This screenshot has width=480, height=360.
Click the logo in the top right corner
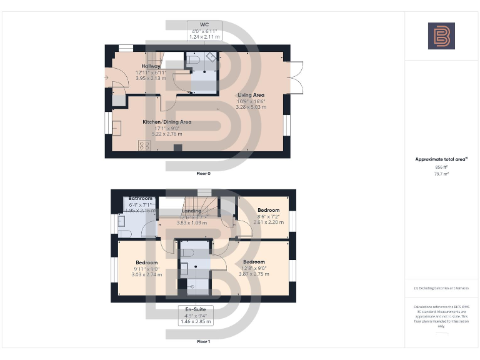[x=441, y=36]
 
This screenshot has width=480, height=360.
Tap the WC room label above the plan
[x=204, y=24]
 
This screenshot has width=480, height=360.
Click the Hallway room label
[x=151, y=66]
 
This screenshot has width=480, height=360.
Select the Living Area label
[x=251, y=95]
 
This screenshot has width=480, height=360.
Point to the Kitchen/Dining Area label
[x=167, y=122]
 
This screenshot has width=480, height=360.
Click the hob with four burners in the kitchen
[x=144, y=145]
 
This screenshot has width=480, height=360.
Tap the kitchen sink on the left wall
[x=117, y=127]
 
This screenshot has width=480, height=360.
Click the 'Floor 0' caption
[x=203, y=173]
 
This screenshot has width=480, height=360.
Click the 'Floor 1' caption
[x=203, y=342]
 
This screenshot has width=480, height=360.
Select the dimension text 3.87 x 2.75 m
[x=254, y=274]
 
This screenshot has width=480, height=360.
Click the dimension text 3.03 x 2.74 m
[x=147, y=274]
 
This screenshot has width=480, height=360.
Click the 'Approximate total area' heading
[x=441, y=159]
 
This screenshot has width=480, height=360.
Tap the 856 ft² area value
[x=441, y=167]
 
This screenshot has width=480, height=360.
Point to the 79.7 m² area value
[x=441, y=174]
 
